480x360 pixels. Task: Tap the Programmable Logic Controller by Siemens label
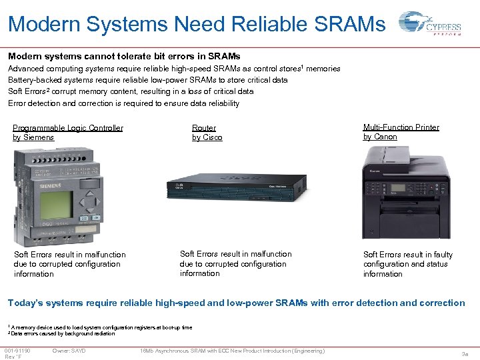point(68,133)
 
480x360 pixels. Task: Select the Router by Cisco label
point(207,133)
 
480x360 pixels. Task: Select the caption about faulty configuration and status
point(407,264)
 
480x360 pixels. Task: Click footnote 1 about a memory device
point(100,327)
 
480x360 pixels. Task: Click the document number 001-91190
point(17,351)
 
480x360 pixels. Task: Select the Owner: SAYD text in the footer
point(69,351)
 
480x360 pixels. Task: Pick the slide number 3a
point(465,355)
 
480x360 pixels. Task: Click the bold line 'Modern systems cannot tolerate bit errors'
point(124,57)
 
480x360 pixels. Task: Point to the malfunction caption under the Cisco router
point(235,263)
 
